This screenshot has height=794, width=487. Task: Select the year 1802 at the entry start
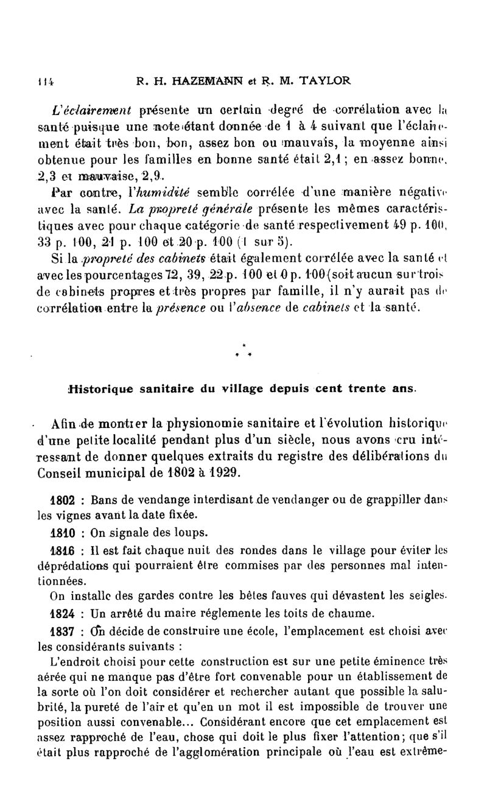tap(63, 501)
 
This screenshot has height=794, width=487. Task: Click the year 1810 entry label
tap(63, 531)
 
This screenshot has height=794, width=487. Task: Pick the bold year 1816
tap(63, 550)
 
